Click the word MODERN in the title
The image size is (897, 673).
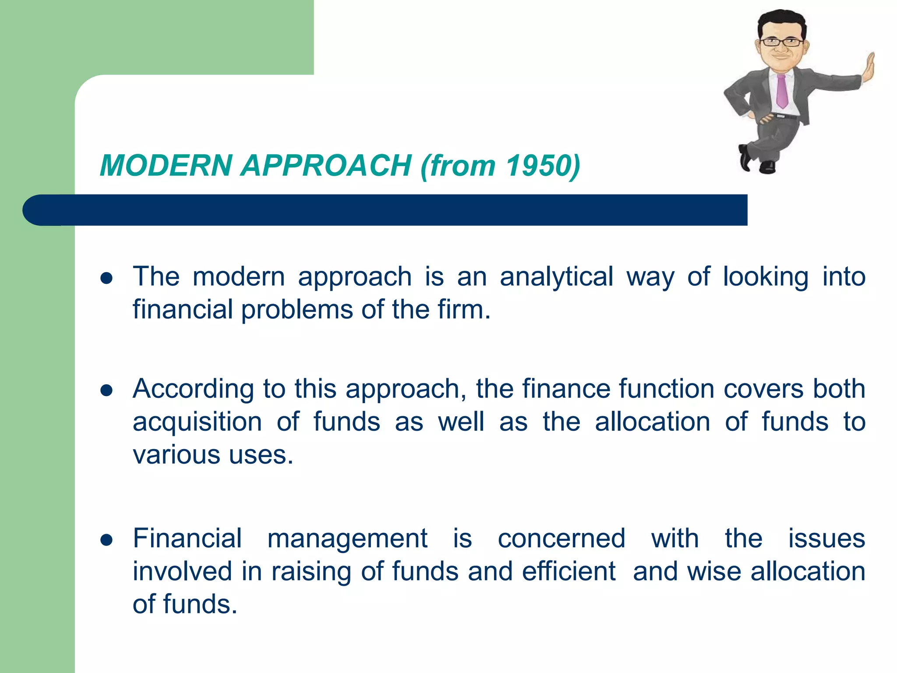166,166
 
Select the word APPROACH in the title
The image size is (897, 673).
326,166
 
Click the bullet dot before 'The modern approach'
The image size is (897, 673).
106,278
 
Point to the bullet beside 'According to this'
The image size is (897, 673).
106,390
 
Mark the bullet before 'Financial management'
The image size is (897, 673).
106,540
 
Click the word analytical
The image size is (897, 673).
556,277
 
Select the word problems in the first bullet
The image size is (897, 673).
297,310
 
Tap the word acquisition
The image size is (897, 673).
197,422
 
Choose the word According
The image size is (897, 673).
193,389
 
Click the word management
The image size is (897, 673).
347,538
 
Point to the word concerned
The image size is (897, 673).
562,538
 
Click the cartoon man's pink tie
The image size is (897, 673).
781,92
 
